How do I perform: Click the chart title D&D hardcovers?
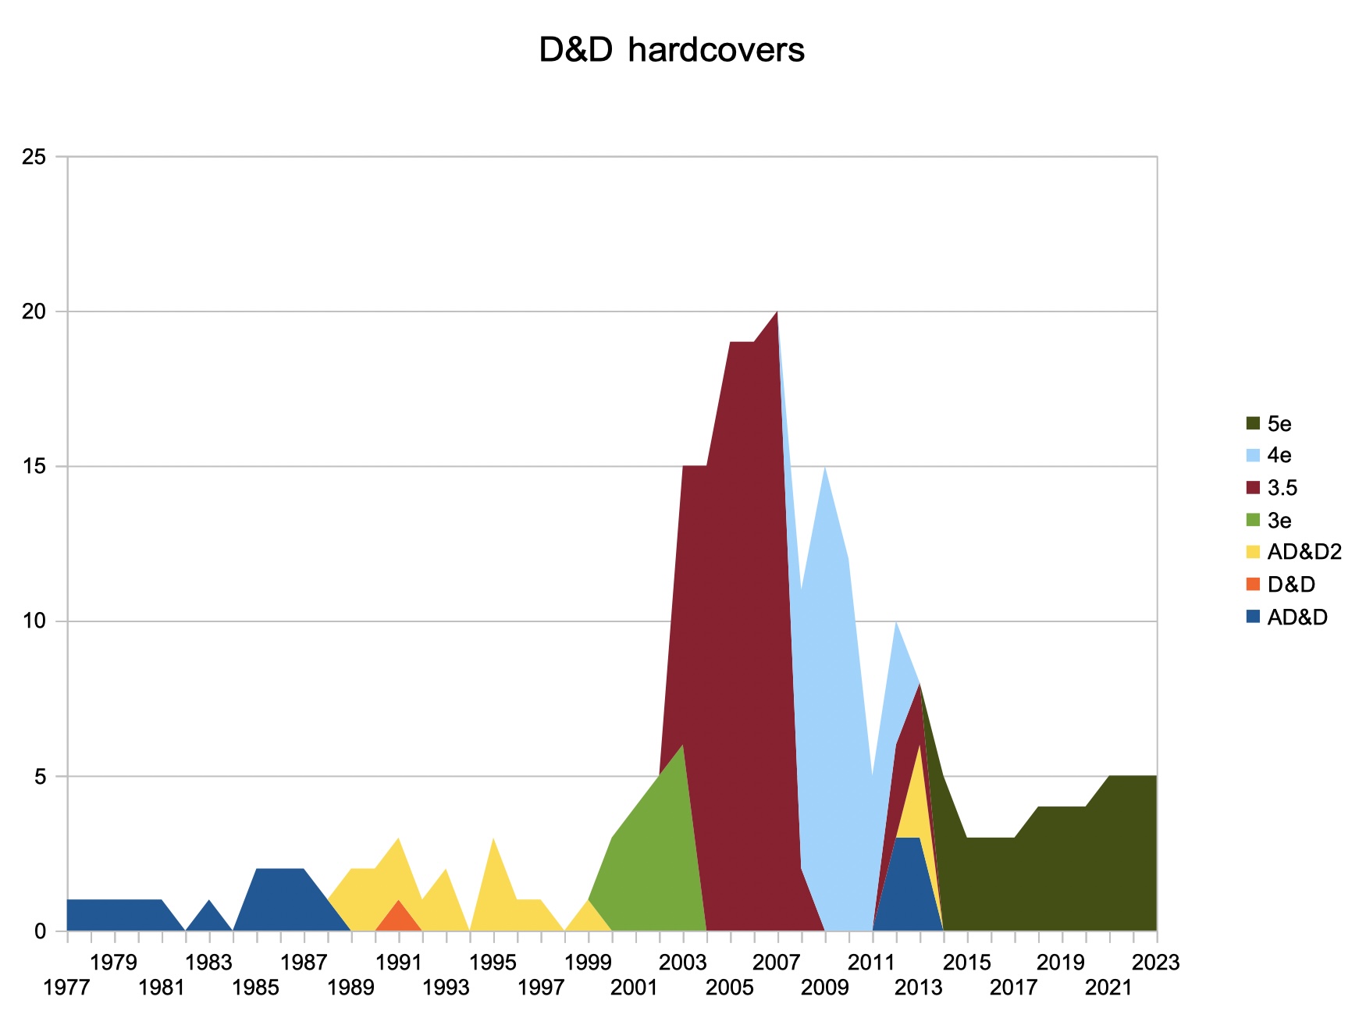coord(671,51)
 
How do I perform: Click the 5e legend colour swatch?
coord(1254,424)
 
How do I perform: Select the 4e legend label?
coord(1279,455)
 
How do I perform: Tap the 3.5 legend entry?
coord(1282,488)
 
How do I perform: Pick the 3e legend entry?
coord(1279,521)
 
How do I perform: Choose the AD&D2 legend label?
coord(1304,552)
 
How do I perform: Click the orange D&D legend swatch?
coord(1254,584)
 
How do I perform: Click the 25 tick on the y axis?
coord(34,157)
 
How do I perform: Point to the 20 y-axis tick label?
coord(34,311)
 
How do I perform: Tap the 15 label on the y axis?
coord(34,467)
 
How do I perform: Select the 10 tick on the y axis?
coord(34,621)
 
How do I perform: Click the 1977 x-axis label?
coord(66,988)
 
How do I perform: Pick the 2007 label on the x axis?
coord(776,963)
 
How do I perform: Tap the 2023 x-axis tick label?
coord(1155,963)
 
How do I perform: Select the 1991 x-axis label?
coord(398,963)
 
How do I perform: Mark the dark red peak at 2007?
coord(776,320)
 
